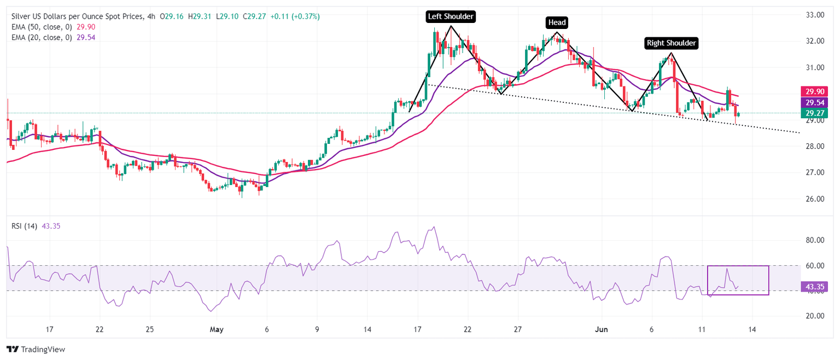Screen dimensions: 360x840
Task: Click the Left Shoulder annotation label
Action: coord(451,16)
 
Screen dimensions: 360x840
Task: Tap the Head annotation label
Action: coord(557,22)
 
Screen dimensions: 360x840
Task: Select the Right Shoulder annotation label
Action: coord(672,43)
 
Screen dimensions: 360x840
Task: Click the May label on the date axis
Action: coord(217,329)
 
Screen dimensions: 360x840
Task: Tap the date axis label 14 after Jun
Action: coord(752,329)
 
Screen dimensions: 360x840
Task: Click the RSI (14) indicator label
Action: coord(24,226)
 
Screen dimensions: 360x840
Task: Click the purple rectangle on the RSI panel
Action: coord(738,280)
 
